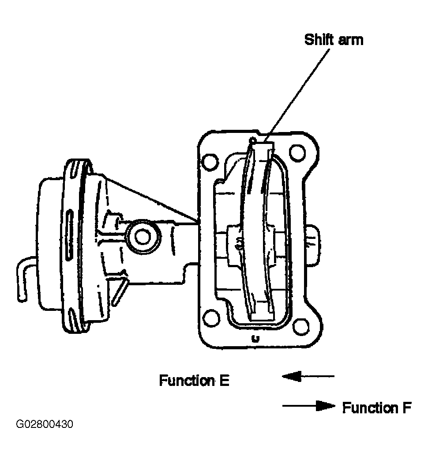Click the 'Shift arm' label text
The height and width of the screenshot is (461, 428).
[334, 40]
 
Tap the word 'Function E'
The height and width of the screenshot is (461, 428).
[194, 381]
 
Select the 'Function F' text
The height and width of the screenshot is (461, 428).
[377, 408]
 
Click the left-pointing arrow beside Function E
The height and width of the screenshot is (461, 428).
[308, 376]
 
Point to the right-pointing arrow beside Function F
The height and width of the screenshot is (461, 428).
[309, 406]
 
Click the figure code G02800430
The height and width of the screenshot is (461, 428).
[45, 424]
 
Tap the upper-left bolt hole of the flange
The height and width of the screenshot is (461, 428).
[210, 162]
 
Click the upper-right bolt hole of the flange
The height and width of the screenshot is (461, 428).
[297, 153]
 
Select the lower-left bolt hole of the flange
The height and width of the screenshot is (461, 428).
[211, 318]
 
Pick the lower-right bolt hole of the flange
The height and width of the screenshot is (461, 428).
[301, 326]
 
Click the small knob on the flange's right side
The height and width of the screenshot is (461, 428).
[312, 246]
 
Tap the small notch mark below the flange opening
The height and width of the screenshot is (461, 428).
[256, 339]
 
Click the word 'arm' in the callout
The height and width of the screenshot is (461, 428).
[351, 41]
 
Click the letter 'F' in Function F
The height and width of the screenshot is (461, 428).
[407, 408]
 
